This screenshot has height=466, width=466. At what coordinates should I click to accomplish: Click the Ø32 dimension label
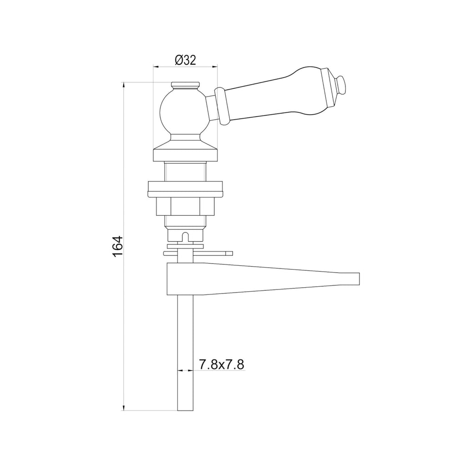click(186, 61)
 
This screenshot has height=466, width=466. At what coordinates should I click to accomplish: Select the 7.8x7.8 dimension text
click(222, 364)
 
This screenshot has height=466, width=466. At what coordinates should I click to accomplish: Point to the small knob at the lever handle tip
click(341, 85)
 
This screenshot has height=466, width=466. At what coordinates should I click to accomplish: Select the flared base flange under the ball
click(185, 149)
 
